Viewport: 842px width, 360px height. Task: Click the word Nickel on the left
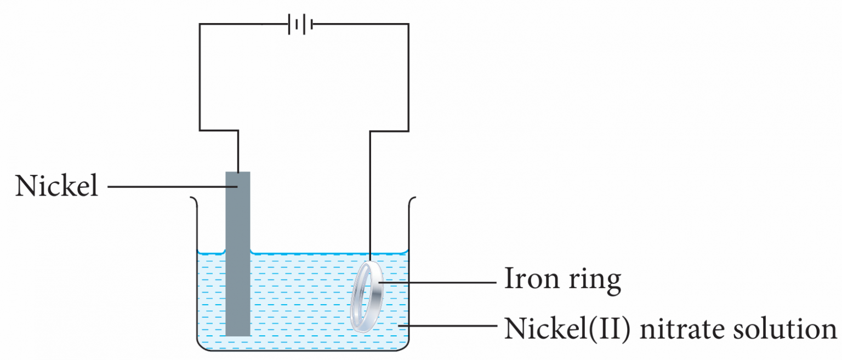(57, 186)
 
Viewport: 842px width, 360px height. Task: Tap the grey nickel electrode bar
(238, 258)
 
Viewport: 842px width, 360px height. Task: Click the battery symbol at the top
(300, 24)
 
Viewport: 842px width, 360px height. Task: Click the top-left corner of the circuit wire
(200, 24)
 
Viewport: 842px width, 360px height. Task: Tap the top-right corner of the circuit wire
(408, 24)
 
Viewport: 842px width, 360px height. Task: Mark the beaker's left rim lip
(193, 198)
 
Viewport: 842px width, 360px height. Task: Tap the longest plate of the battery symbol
(304, 24)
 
